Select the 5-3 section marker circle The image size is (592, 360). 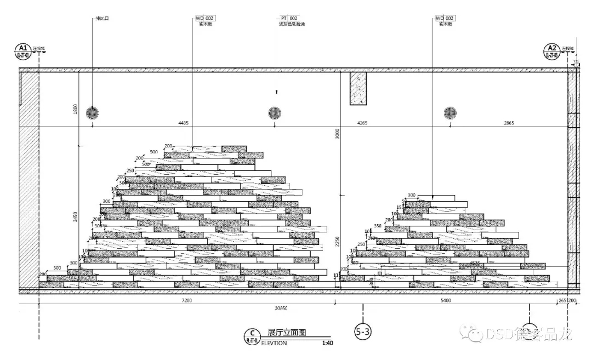363,331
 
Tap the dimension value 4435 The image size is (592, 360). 183,123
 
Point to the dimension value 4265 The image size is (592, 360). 362,123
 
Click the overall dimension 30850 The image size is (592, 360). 281,308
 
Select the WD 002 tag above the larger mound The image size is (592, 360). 205,18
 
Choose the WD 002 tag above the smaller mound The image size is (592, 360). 445,18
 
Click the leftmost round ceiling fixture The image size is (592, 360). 93,113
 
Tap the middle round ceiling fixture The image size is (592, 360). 275,113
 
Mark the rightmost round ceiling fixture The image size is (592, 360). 450,113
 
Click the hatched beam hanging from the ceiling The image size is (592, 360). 358,88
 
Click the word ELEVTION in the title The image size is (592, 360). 274,344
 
